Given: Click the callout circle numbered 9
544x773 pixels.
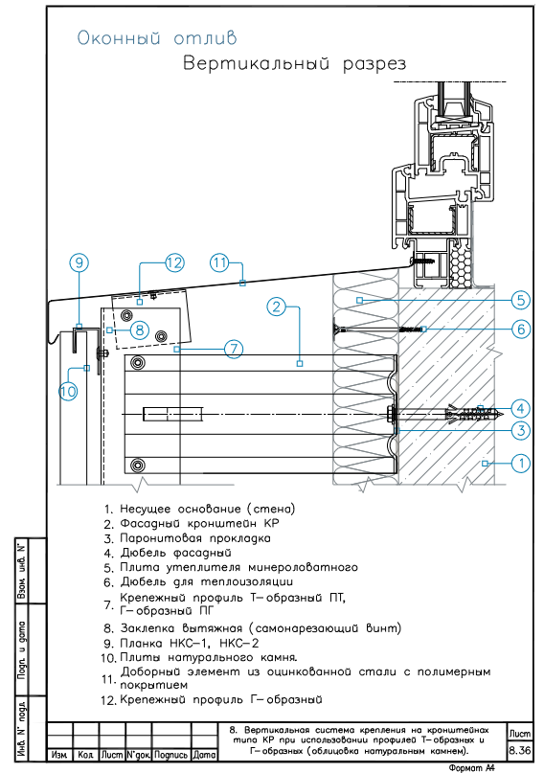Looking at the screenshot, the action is (79, 262).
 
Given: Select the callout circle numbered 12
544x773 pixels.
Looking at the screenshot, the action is (173, 262).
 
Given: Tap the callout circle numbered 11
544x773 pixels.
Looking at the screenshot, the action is (220, 262).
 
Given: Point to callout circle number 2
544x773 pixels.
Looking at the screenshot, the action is (277, 307).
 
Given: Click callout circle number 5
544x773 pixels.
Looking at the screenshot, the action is (521, 300).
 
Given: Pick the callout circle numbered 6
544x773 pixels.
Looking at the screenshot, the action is (521, 329).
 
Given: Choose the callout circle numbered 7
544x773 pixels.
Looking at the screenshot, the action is (234, 349).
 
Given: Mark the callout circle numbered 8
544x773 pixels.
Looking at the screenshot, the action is (140, 330).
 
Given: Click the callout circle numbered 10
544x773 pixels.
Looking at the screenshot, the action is (68, 392).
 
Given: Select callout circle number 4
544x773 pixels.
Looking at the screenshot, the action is (521, 408).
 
